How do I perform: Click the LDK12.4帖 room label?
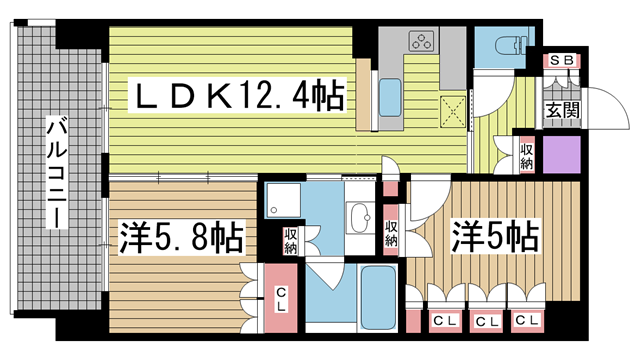(x=237, y=95)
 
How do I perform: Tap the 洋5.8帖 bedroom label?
(x=181, y=238)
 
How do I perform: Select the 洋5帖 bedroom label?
(x=494, y=236)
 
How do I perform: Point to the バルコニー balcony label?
(x=56, y=172)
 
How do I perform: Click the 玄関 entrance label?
(x=563, y=109)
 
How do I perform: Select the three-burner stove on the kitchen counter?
(x=421, y=41)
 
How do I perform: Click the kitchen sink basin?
(x=390, y=97)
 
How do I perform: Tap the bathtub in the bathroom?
(x=378, y=297)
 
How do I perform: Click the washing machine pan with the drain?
(x=283, y=200)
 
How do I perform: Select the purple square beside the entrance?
(x=562, y=154)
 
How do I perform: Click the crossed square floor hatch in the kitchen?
(x=453, y=111)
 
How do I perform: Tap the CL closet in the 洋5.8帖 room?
(x=281, y=298)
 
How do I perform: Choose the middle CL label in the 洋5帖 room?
(x=487, y=321)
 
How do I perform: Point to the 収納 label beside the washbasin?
(x=291, y=241)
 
